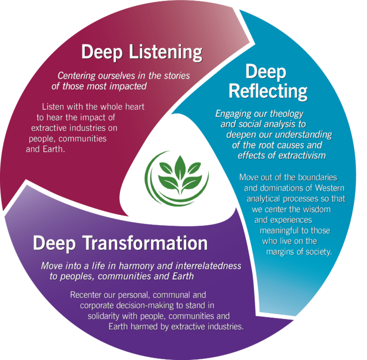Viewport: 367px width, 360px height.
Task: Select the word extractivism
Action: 299,155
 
